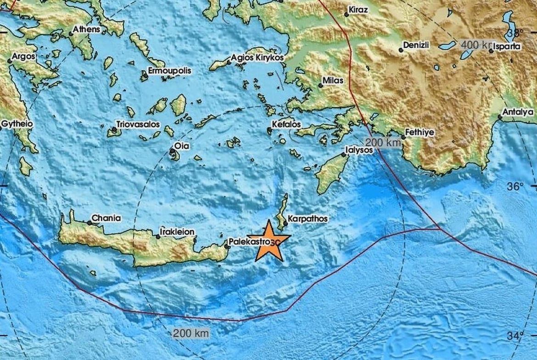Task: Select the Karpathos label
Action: pos(308,219)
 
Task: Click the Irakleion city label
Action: pos(177,232)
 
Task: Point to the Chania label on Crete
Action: pos(106,218)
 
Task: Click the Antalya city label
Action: pos(518,112)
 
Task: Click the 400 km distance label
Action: pos(475,44)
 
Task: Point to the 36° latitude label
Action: pos(515,187)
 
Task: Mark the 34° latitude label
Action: pos(515,336)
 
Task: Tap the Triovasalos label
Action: pos(138,124)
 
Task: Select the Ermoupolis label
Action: pos(169,71)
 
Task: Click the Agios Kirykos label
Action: pos(257,58)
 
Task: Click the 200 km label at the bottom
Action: pos(190,333)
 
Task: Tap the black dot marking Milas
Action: pos(320,85)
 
